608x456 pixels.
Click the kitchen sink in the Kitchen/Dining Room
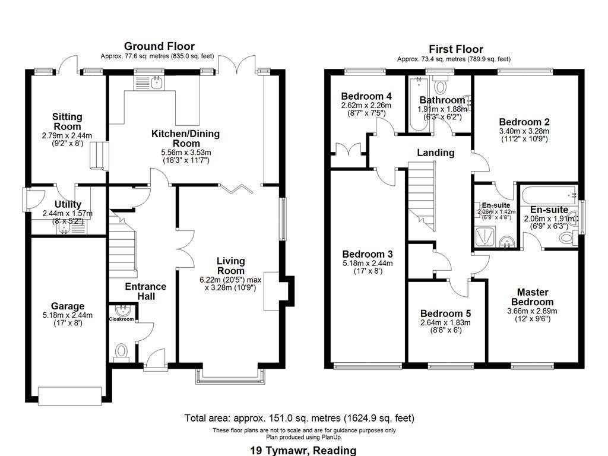pyautogui.click(x=157, y=83)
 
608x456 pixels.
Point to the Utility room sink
pyautogui.click(x=62, y=226)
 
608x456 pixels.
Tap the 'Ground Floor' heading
pyautogui.click(x=159, y=46)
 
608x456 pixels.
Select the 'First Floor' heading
pyautogui.click(x=455, y=49)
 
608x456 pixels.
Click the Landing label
pyautogui.click(x=435, y=153)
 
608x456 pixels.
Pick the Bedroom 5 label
pyautogui.click(x=445, y=313)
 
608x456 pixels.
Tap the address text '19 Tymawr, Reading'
pyautogui.click(x=304, y=450)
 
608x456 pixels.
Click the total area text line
pyautogui.click(x=299, y=418)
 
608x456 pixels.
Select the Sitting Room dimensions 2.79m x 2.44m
pyautogui.click(x=67, y=136)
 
